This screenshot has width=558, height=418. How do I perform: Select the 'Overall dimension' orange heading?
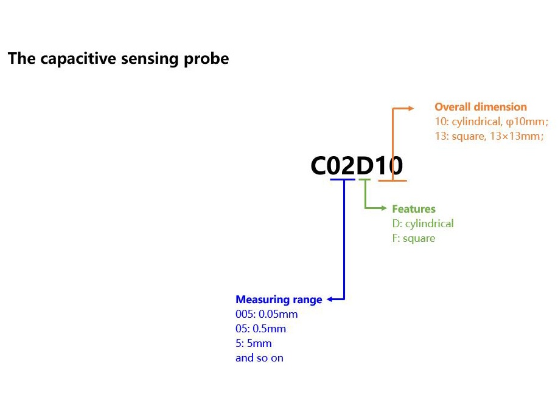[x=481, y=107]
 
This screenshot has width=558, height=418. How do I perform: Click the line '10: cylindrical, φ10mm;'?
[x=492, y=122]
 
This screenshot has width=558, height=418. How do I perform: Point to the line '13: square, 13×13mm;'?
[x=489, y=136]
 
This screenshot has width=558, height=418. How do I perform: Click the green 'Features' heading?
[x=414, y=208]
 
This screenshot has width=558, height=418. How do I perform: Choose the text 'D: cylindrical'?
[x=423, y=224]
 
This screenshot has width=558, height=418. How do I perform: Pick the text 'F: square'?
[x=414, y=238]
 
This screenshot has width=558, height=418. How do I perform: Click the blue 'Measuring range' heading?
[x=279, y=300]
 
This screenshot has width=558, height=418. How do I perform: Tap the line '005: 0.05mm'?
[x=267, y=314]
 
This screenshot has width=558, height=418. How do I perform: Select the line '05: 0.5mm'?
[x=260, y=329]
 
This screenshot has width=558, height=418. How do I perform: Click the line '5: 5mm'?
[x=253, y=343]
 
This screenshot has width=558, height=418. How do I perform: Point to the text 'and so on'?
[x=259, y=358]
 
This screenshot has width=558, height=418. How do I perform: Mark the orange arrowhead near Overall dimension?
[x=411, y=108]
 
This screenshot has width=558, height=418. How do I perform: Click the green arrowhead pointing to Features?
[x=384, y=208]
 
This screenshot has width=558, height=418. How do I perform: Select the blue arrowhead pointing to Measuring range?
[x=330, y=300]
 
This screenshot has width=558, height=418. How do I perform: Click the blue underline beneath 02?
[x=343, y=179]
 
